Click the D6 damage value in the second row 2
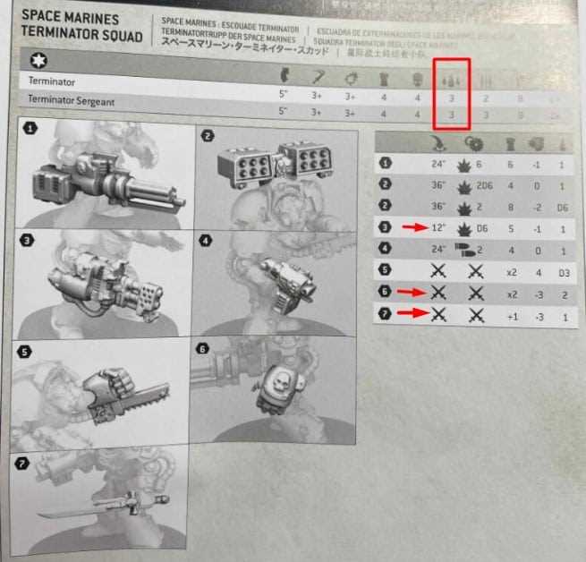[563, 209]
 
